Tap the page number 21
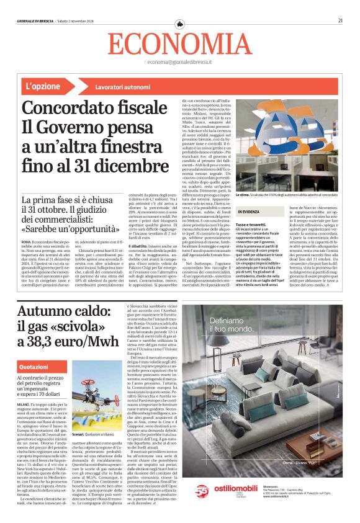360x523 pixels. pyautogui.click(x=341, y=20)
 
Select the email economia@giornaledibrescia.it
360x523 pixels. pyautogui.click(x=180, y=63)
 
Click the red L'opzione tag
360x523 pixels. pyautogui.click(x=44, y=86)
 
